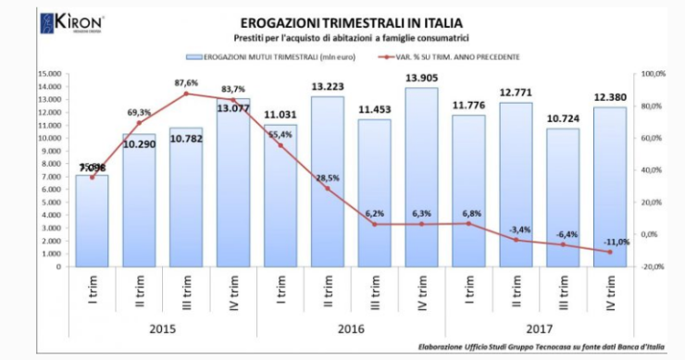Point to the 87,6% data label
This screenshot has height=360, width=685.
point(186,82)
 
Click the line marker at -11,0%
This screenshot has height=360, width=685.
point(609,252)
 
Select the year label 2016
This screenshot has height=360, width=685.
point(352,329)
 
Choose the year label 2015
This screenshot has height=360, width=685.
point(163,329)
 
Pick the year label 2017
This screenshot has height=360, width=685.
point(539,329)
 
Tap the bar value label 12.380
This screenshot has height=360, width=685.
point(609,98)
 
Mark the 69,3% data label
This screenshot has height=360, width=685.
point(140,112)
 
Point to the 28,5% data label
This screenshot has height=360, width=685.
point(327,177)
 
